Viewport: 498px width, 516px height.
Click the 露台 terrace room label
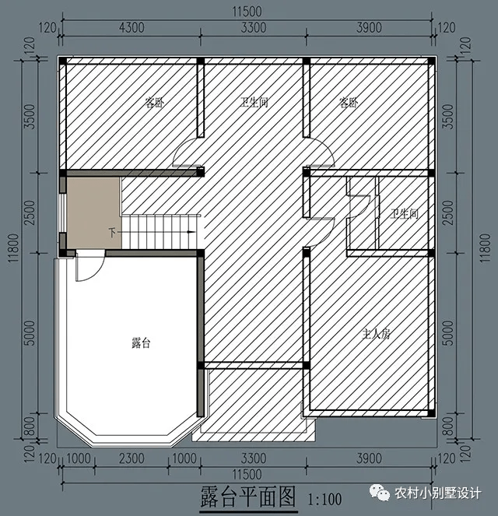pos(141,343)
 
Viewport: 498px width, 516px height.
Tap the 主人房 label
pos(376,335)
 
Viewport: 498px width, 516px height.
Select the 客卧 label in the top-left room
pos(154,103)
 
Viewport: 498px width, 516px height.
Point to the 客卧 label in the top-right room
pos(349,103)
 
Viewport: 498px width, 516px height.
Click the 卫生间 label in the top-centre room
pos(254,103)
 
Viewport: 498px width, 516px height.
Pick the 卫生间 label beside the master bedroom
pos(405,214)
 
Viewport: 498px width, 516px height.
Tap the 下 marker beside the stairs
pos(113,233)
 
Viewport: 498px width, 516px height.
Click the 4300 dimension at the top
pos(132,28)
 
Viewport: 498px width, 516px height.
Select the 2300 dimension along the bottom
pos(132,458)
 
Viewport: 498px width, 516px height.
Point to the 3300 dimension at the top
pos(254,28)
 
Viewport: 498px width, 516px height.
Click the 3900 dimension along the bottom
pos(369,458)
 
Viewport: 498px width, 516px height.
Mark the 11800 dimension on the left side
pos(13,247)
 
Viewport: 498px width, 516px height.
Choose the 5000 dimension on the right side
pos(448,333)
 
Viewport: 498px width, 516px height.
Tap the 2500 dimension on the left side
pos(30,212)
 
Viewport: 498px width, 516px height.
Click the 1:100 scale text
pos(324,500)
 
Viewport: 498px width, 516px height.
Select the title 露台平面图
pos(248,497)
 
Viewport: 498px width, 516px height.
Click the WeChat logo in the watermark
pos(379,493)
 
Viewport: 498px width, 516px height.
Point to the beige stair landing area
pos(93,213)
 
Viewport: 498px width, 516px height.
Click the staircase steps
pos(159,232)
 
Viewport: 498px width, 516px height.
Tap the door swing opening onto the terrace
pos(90,266)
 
